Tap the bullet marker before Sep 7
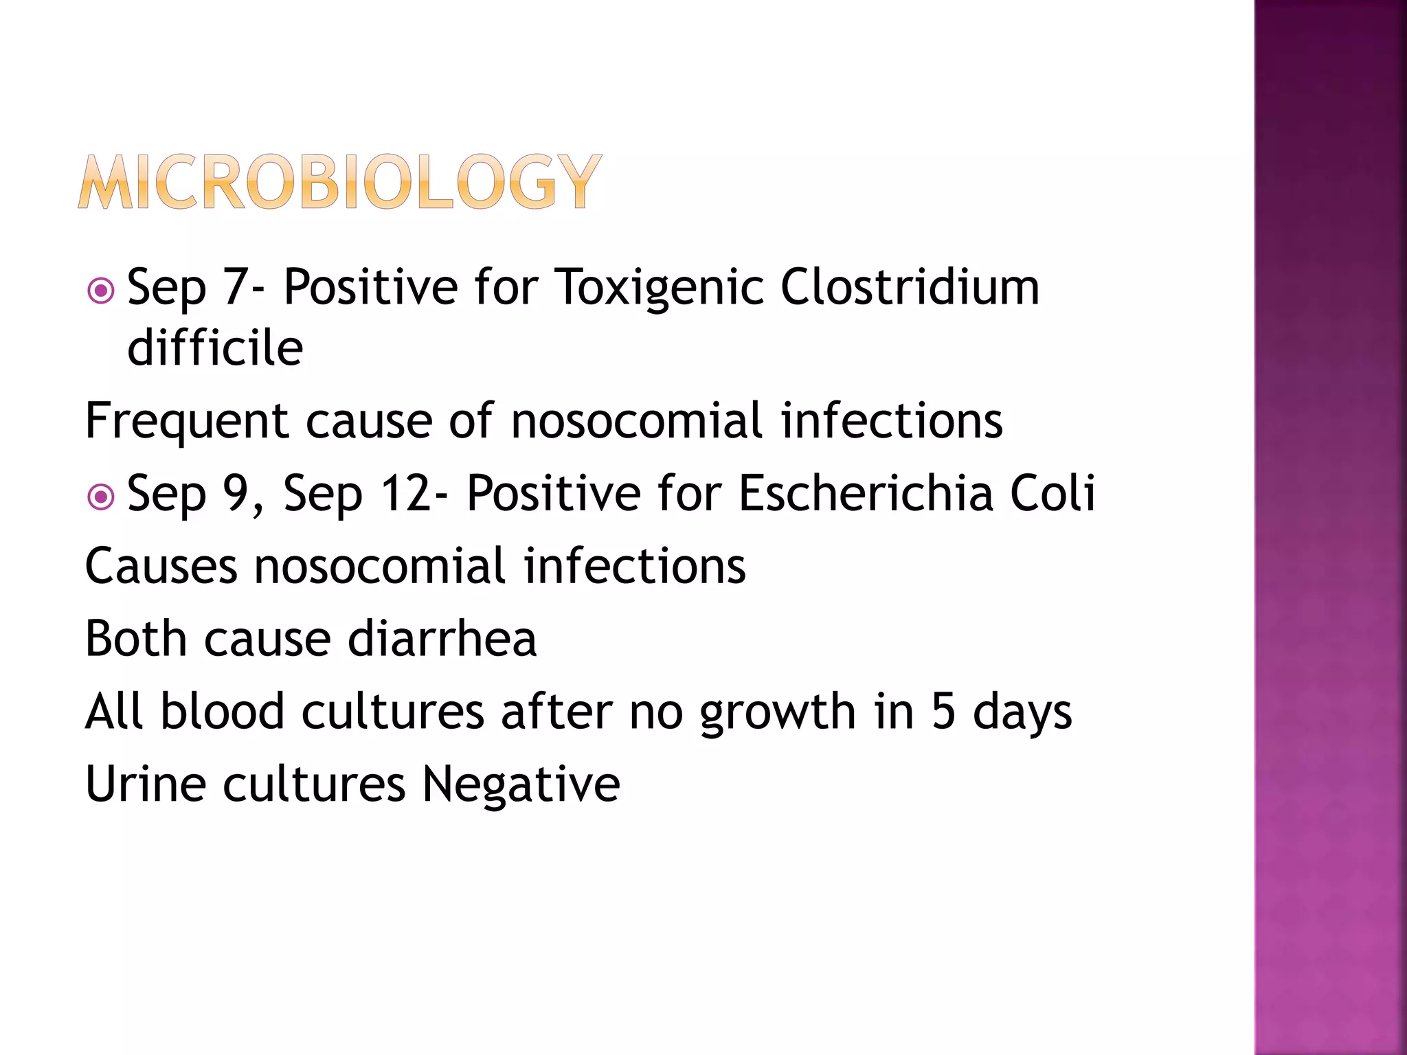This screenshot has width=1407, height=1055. pyautogui.click(x=101, y=291)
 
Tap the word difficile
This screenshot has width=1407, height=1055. pyautogui.click(x=215, y=348)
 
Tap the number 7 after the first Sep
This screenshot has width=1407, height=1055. pyautogui.click(x=235, y=286)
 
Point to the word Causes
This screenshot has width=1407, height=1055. pyautogui.click(x=161, y=567)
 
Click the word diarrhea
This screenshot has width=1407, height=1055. pyautogui.click(x=442, y=639)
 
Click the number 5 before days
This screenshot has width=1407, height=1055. pyautogui.click(x=943, y=712)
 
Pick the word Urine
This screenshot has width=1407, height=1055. pyautogui.click(x=145, y=784)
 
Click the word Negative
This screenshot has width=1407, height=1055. pyautogui.click(x=521, y=784)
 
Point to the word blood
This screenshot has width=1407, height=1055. pyautogui.click(x=222, y=712)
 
